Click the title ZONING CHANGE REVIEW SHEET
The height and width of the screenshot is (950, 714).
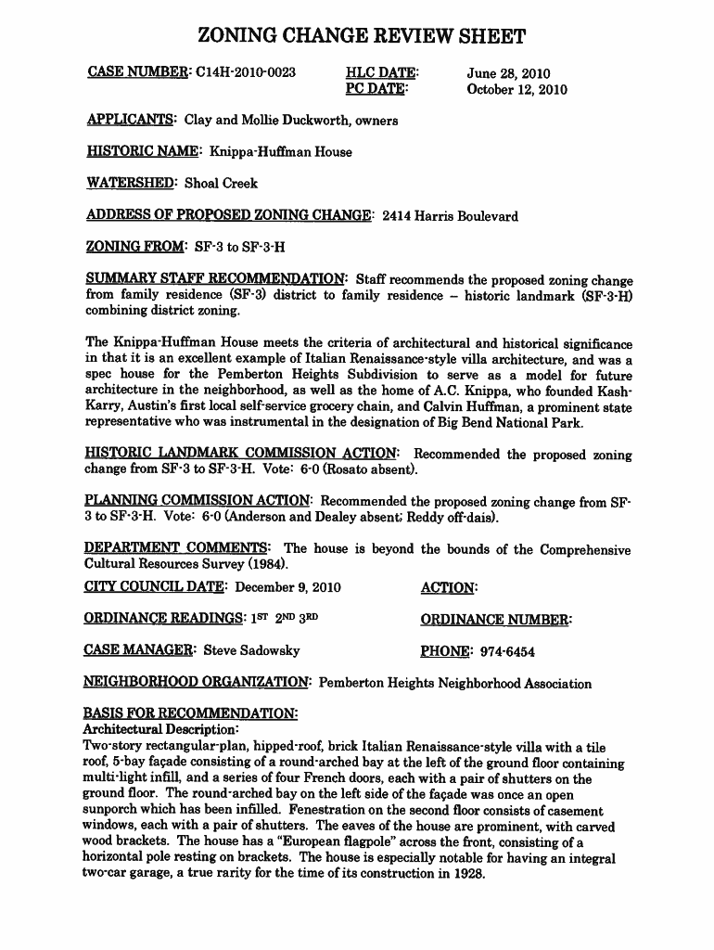[362, 37]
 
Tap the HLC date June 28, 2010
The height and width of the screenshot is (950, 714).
[508, 72]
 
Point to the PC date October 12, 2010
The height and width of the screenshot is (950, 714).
[516, 90]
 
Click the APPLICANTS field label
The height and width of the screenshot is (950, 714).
[131, 120]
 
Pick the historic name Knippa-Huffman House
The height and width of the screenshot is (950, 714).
[281, 151]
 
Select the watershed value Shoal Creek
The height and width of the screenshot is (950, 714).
[221, 183]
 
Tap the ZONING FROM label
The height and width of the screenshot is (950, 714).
[135, 248]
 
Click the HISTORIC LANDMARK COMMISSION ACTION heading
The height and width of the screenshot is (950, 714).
[243, 454]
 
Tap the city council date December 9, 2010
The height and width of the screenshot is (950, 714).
[288, 587]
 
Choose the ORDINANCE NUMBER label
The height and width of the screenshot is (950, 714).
[496, 620]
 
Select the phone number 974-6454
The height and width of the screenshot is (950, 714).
[507, 651]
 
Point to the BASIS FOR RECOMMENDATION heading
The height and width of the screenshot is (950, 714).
[191, 714]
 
